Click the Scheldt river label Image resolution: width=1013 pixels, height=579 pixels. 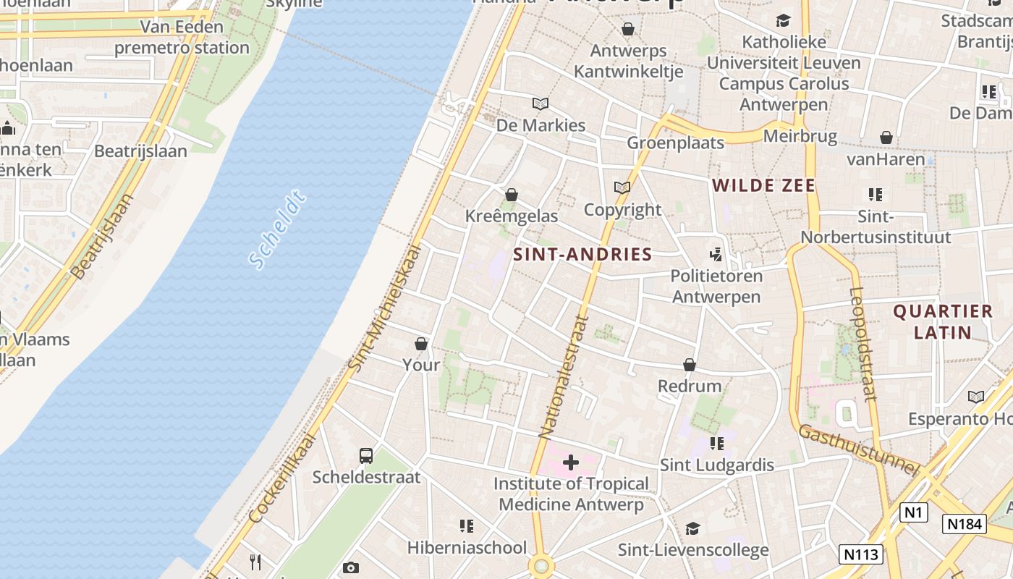click(x=277, y=231)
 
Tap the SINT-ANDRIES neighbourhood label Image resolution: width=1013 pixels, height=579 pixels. click(x=582, y=254)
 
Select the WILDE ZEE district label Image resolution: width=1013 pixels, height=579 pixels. click(x=763, y=185)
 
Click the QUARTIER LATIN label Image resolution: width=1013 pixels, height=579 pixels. click(x=943, y=322)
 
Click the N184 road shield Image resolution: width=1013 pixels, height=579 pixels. click(x=964, y=524)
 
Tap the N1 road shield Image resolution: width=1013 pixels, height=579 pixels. click(x=913, y=512)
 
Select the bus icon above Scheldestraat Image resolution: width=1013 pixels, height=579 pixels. click(x=366, y=456)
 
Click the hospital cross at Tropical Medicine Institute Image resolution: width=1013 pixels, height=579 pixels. click(x=571, y=462)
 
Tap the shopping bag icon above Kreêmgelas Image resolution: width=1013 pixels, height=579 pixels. click(x=512, y=195)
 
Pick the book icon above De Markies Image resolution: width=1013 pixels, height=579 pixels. click(x=541, y=103)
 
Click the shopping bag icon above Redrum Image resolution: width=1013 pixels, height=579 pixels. click(x=690, y=365)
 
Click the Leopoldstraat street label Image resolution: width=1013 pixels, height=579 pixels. click(x=862, y=344)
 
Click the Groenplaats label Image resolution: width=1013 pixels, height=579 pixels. click(x=675, y=143)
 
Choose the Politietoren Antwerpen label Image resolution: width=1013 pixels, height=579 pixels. click(x=716, y=286)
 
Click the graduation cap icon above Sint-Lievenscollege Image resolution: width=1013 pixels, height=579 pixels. click(x=692, y=528)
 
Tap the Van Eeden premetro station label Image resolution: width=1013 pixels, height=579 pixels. click(x=182, y=38)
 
